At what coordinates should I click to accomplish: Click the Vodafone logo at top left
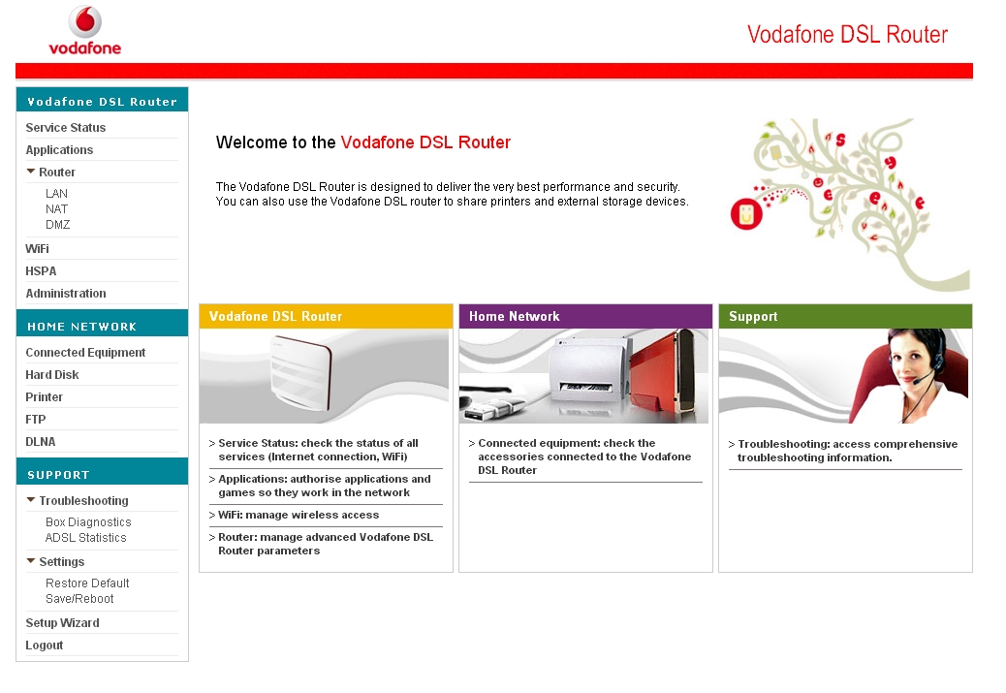pos(84,30)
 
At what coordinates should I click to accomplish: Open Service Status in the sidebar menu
pos(66,128)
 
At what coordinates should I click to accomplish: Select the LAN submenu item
pos(56,193)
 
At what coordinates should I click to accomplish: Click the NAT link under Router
pos(56,209)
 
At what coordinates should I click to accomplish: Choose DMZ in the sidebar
pos(58,225)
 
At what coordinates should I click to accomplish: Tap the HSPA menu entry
pos(41,271)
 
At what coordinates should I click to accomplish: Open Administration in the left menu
pos(66,294)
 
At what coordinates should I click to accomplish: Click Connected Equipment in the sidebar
pos(85,352)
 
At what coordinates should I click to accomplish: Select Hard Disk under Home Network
pos(52,375)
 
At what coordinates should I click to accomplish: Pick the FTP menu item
pos(36,420)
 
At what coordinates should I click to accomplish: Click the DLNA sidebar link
pos(41,442)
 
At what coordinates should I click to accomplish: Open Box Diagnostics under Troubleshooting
pos(88,522)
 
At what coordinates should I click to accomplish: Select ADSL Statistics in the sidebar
pos(86,538)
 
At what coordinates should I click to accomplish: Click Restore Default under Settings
pos(87,583)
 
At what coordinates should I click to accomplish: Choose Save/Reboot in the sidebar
pos(79,599)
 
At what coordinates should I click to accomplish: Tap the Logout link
pos(45,646)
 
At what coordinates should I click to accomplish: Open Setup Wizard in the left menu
pos(62,623)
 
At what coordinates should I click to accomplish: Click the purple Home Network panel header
pos(585,316)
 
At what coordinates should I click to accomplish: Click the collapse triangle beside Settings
pos(31,561)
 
